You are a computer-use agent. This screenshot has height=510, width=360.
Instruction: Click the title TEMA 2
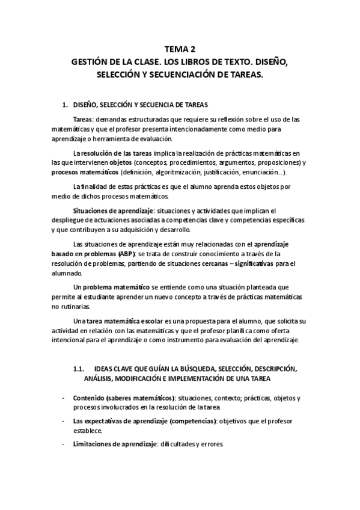(x=180, y=49)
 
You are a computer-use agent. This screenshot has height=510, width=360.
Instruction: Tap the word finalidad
(x=96, y=186)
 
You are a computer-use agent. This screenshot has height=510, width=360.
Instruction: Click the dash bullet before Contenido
(x=64, y=399)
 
